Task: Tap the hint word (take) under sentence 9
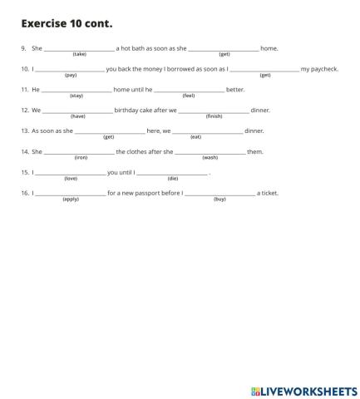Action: pyautogui.click(x=79, y=54)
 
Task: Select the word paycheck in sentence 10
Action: pyautogui.click(x=319, y=69)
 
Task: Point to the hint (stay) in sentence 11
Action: pyautogui.click(x=76, y=96)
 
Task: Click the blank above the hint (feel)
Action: pyautogui.click(x=189, y=89)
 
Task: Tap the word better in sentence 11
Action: pyautogui.click(x=235, y=89)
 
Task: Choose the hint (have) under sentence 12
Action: pyautogui.click(x=78, y=116)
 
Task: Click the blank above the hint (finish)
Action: pyautogui.click(x=214, y=110)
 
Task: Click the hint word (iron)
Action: pyautogui.click(x=81, y=158)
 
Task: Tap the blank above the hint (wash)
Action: pyautogui.click(x=210, y=151)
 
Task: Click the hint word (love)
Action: pyautogui.click(x=71, y=179)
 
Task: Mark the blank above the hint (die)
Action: pyautogui.click(x=172, y=172)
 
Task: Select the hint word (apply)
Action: pyautogui.click(x=71, y=199)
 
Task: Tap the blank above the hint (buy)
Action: pyautogui.click(x=219, y=193)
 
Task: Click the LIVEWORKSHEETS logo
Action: pyautogui.click(x=303, y=390)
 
